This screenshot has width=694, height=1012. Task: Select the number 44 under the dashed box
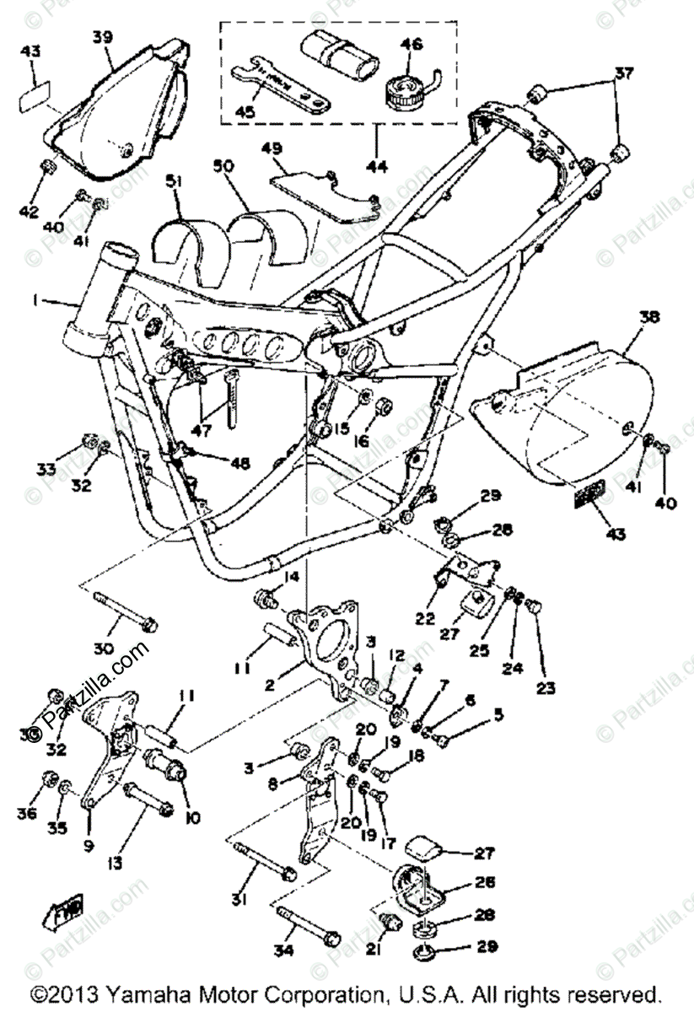(377, 167)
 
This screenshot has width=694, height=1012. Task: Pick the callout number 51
(173, 181)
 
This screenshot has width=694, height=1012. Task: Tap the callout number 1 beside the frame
(36, 300)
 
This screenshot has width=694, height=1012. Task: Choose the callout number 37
(622, 73)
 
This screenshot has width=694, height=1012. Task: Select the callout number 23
(546, 686)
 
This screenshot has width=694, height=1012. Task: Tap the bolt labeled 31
(261, 859)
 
